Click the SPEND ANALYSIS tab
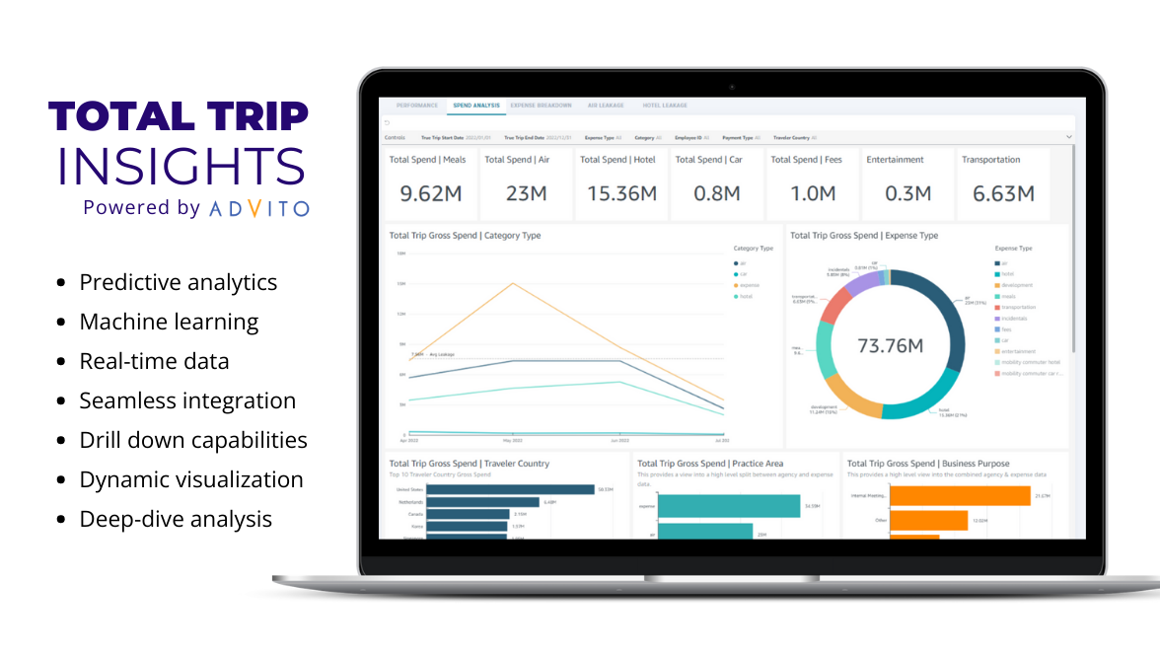(475, 105)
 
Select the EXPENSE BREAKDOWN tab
(541, 105)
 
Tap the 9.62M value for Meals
(430, 194)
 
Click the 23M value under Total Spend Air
(526, 194)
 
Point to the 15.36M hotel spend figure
(621, 194)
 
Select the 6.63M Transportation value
(1003, 194)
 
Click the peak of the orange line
(512, 284)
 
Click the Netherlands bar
(483, 502)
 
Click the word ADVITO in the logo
(259, 208)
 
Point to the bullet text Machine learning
(169, 322)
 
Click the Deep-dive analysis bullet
(176, 519)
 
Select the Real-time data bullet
(154, 361)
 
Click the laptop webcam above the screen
(731, 87)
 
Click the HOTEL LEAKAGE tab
(665, 105)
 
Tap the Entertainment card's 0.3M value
(906, 194)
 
